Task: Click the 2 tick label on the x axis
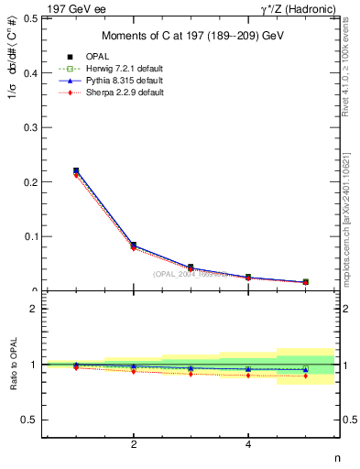coord(134,445)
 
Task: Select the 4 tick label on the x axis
coord(248,445)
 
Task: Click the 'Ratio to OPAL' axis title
coord(12,365)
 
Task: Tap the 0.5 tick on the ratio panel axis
coord(31,420)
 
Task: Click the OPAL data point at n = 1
coord(76,170)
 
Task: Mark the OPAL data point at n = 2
coord(134,245)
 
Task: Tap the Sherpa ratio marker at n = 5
coord(306,376)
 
